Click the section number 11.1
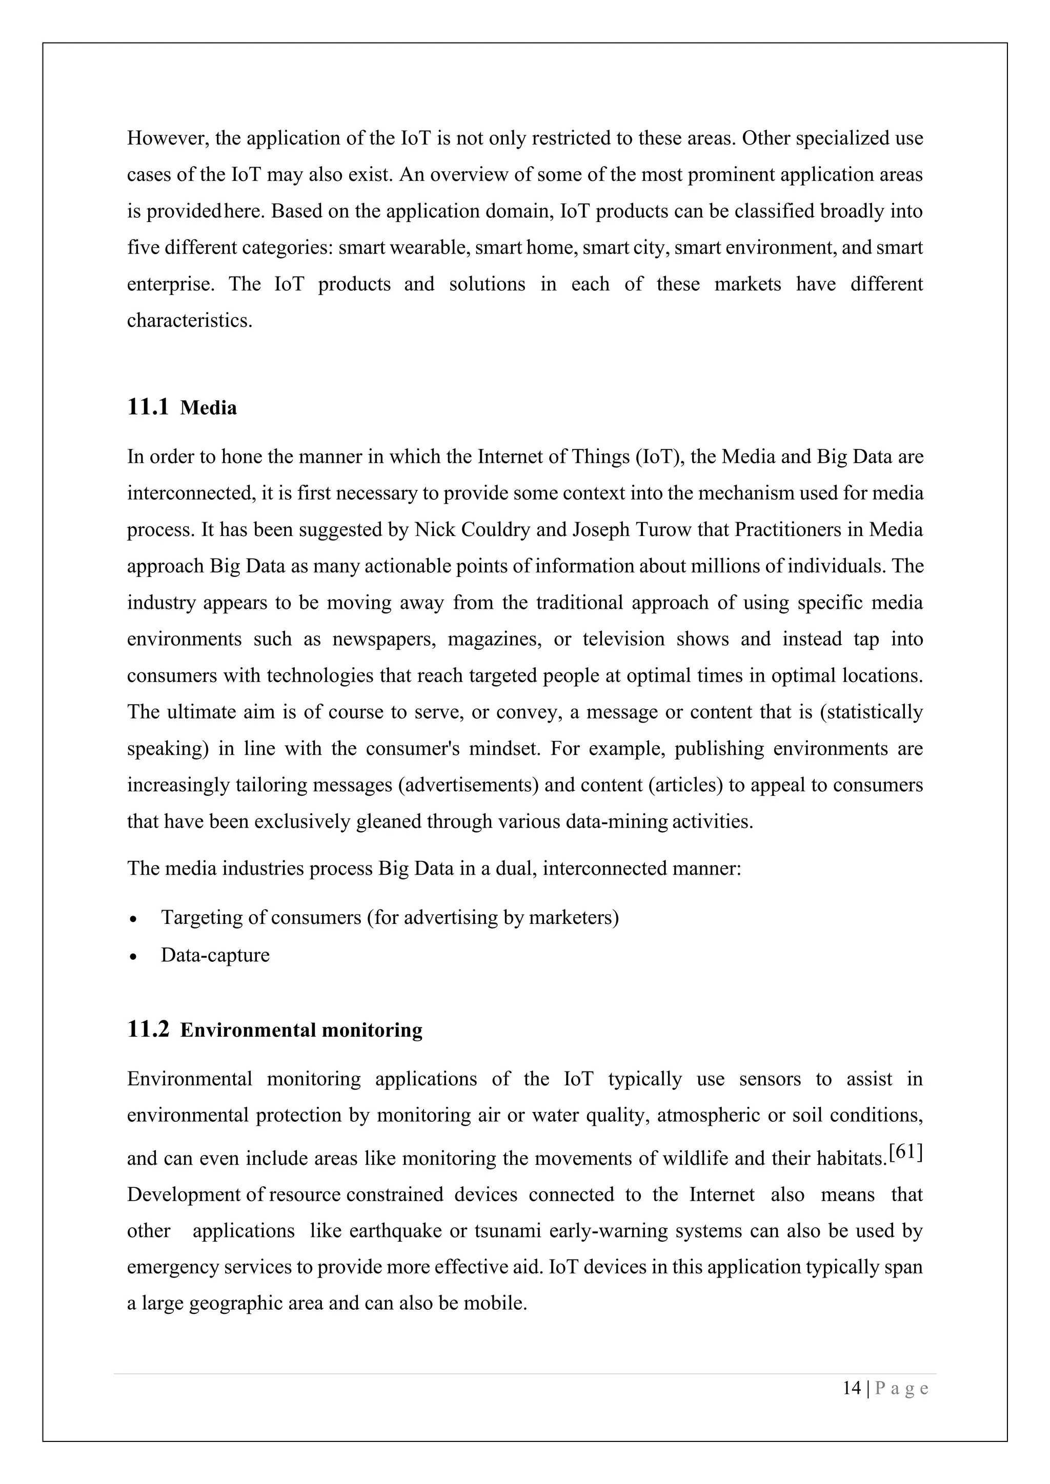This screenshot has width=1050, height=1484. pyautogui.click(x=148, y=408)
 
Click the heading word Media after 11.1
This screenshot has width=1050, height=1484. pyautogui.click(x=208, y=408)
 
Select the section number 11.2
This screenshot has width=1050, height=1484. pyautogui.click(x=148, y=1029)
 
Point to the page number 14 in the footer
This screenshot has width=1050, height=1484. pyautogui.click(x=852, y=1388)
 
